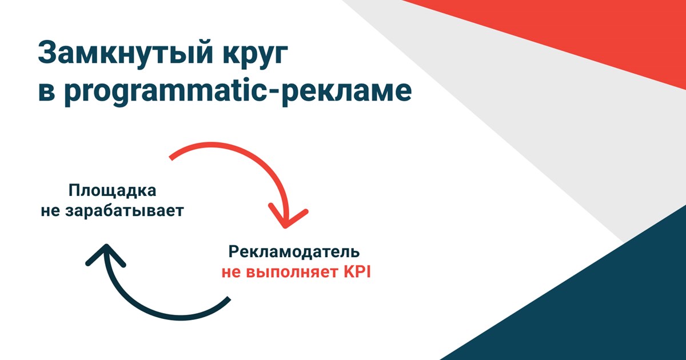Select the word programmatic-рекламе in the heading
pyautogui.click(x=238, y=91)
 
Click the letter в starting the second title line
pyautogui.click(x=46, y=92)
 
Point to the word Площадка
pyautogui.click(x=112, y=191)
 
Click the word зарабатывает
pyautogui.click(x=125, y=210)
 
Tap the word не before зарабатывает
pyautogui.click(x=50, y=211)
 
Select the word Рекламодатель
pyautogui.click(x=294, y=251)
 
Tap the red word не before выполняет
pyautogui.click(x=231, y=272)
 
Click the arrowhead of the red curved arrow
pyautogui.click(x=285, y=226)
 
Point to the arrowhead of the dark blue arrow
pyautogui.click(x=106, y=246)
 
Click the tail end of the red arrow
pyautogui.click(x=171, y=158)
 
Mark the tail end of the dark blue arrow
pyautogui.click(x=229, y=298)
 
